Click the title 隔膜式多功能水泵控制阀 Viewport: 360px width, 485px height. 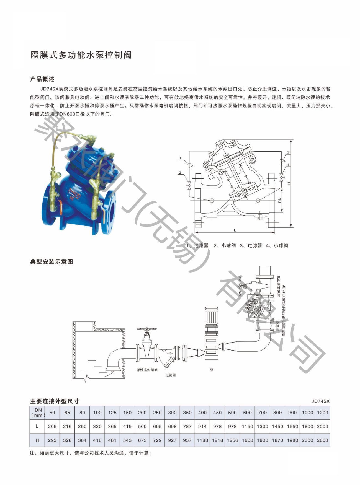point(81,55)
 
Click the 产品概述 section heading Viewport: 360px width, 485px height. point(42,79)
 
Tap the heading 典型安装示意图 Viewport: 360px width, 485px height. point(52,262)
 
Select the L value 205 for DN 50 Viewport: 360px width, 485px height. point(52,426)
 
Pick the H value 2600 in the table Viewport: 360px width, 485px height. point(322,440)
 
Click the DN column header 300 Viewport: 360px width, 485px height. point(172,413)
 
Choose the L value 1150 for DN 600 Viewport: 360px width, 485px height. point(247,426)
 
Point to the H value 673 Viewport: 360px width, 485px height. point(142,440)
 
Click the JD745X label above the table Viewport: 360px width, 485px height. point(320,401)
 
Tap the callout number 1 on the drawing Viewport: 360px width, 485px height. point(180,159)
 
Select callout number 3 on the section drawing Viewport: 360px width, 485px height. point(288,152)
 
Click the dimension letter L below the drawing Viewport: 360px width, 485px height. point(235,230)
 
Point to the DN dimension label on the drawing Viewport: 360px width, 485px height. point(280,200)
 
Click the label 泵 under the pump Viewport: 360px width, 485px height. point(212,370)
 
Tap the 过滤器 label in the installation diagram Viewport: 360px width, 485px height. point(171,375)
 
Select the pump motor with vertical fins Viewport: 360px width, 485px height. point(211,316)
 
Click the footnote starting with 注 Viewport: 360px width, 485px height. point(90,453)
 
